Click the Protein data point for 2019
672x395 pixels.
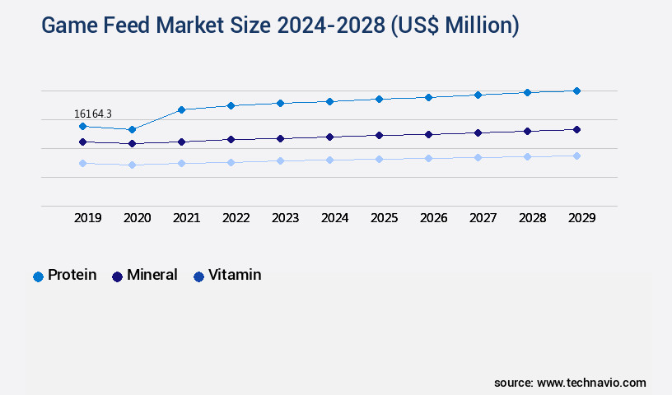(x=82, y=126)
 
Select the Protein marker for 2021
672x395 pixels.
(x=181, y=109)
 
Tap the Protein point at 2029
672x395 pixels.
(x=576, y=91)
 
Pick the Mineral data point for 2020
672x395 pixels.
(x=132, y=144)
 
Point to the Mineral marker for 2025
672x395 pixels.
(x=379, y=135)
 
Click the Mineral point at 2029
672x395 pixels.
(x=576, y=129)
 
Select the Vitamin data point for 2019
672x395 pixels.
(x=82, y=163)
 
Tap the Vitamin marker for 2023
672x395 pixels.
(x=280, y=160)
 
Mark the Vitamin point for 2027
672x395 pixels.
(x=478, y=157)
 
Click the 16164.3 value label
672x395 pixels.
(x=93, y=114)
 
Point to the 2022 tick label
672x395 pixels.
(x=236, y=218)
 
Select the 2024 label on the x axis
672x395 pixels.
(x=334, y=218)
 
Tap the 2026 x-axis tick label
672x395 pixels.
(x=433, y=218)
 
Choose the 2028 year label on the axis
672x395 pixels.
(x=532, y=218)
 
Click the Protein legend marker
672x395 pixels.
(x=38, y=276)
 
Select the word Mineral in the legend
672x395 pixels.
(x=152, y=275)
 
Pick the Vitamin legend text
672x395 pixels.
(x=235, y=275)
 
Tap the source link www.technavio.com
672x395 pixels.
(x=591, y=383)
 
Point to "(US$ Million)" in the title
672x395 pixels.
(x=457, y=26)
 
